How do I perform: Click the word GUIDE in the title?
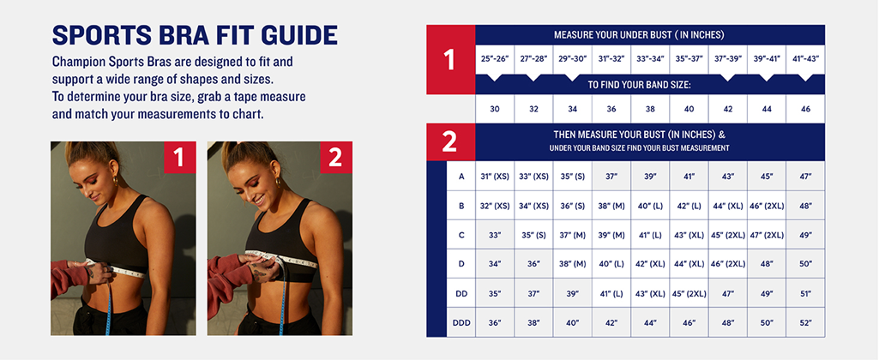pyautogui.click(x=297, y=35)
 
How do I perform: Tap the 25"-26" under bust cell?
pyautogui.click(x=495, y=59)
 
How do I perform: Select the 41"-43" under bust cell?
pyautogui.click(x=805, y=59)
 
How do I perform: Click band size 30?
pyautogui.click(x=495, y=109)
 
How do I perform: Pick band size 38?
pyautogui.click(x=650, y=109)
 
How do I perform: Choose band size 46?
pyautogui.click(x=805, y=109)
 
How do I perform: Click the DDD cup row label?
pyautogui.click(x=461, y=322)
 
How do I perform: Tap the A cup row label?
pyautogui.click(x=461, y=176)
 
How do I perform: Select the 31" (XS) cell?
pyautogui.click(x=495, y=176)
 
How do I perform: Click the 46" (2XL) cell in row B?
pyautogui.click(x=767, y=206)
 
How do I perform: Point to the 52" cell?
pyautogui.click(x=805, y=322)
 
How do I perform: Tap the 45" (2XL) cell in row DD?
pyautogui.click(x=689, y=293)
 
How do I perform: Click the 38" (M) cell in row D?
pyautogui.click(x=572, y=264)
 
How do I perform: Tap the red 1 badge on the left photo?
pyautogui.click(x=179, y=158)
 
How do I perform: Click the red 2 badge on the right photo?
pyautogui.click(x=336, y=158)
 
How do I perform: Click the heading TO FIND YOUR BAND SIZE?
pyautogui.click(x=639, y=85)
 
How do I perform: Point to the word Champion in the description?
pyautogui.click(x=76, y=61)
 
